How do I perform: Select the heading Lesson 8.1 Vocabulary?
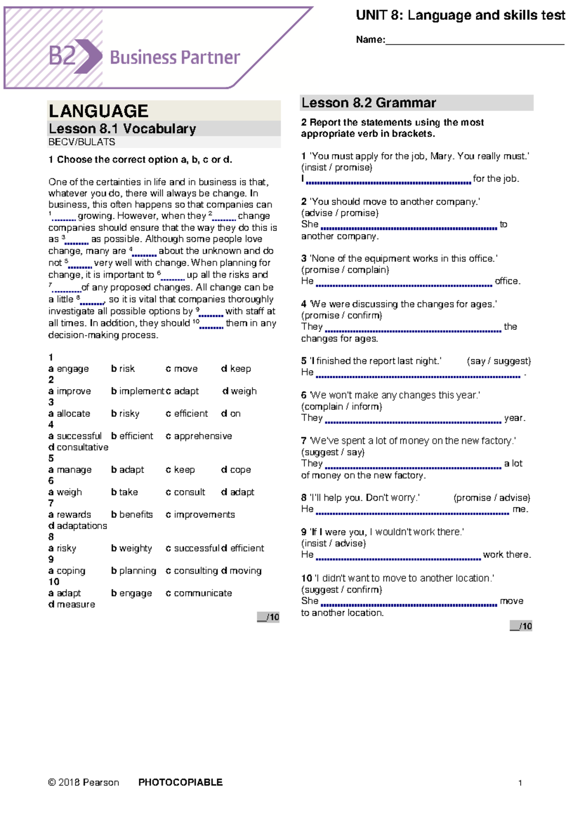(122, 129)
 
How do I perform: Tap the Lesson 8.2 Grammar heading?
(368, 103)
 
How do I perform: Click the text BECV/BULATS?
(82, 142)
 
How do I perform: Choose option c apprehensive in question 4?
(199, 436)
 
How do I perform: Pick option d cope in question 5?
(236, 470)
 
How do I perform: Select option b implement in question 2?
(138, 391)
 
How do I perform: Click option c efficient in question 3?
(187, 414)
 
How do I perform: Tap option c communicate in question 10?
(199, 593)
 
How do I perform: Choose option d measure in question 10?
(72, 605)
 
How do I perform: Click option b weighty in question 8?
(131, 548)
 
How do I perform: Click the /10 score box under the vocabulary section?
(268, 617)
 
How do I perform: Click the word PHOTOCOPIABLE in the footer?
(180, 782)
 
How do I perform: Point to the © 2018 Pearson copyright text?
(83, 782)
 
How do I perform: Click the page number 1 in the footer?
(520, 783)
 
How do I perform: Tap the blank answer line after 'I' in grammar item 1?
(388, 182)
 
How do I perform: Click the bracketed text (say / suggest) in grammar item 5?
(498, 361)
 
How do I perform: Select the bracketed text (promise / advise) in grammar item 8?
(492, 498)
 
